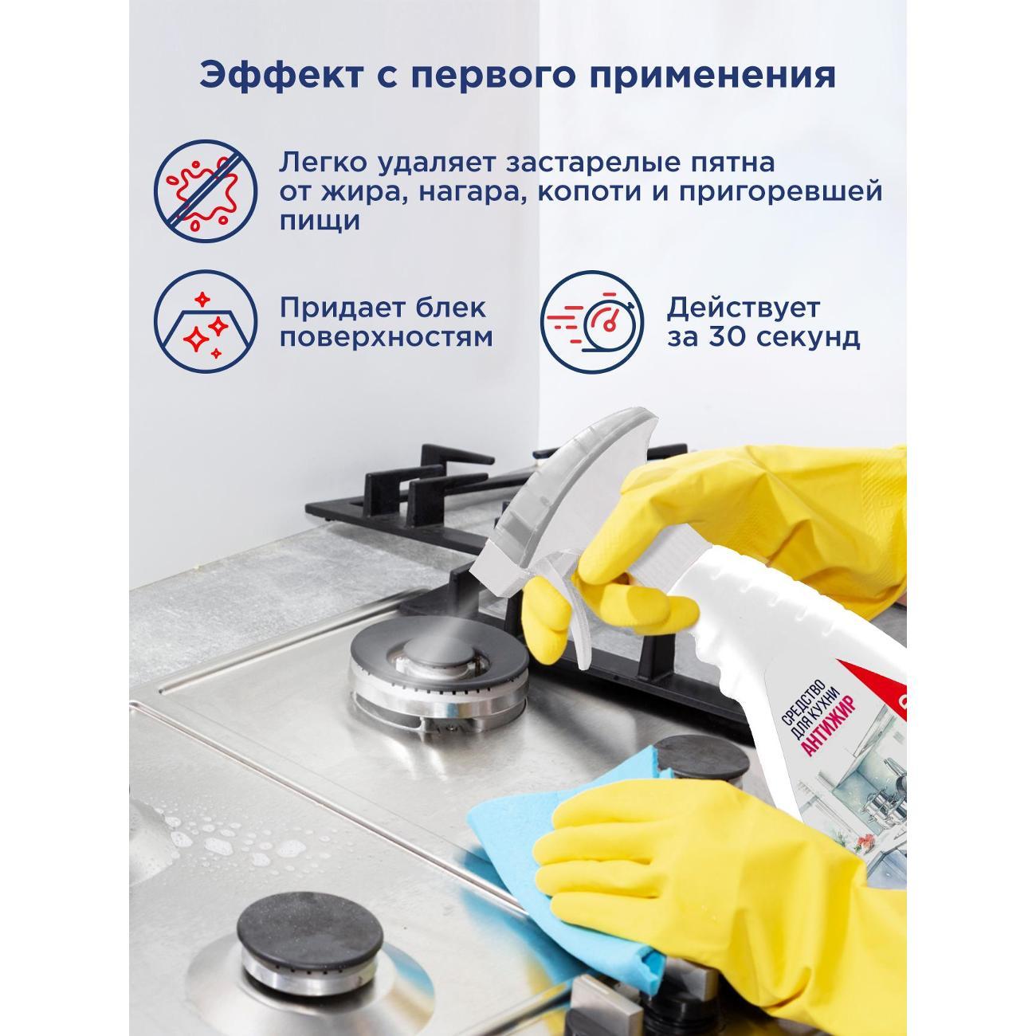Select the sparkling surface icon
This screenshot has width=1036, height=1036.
click(206, 323)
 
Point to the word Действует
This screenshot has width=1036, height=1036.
click(743, 307)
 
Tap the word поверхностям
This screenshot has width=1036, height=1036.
click(386, 337)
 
